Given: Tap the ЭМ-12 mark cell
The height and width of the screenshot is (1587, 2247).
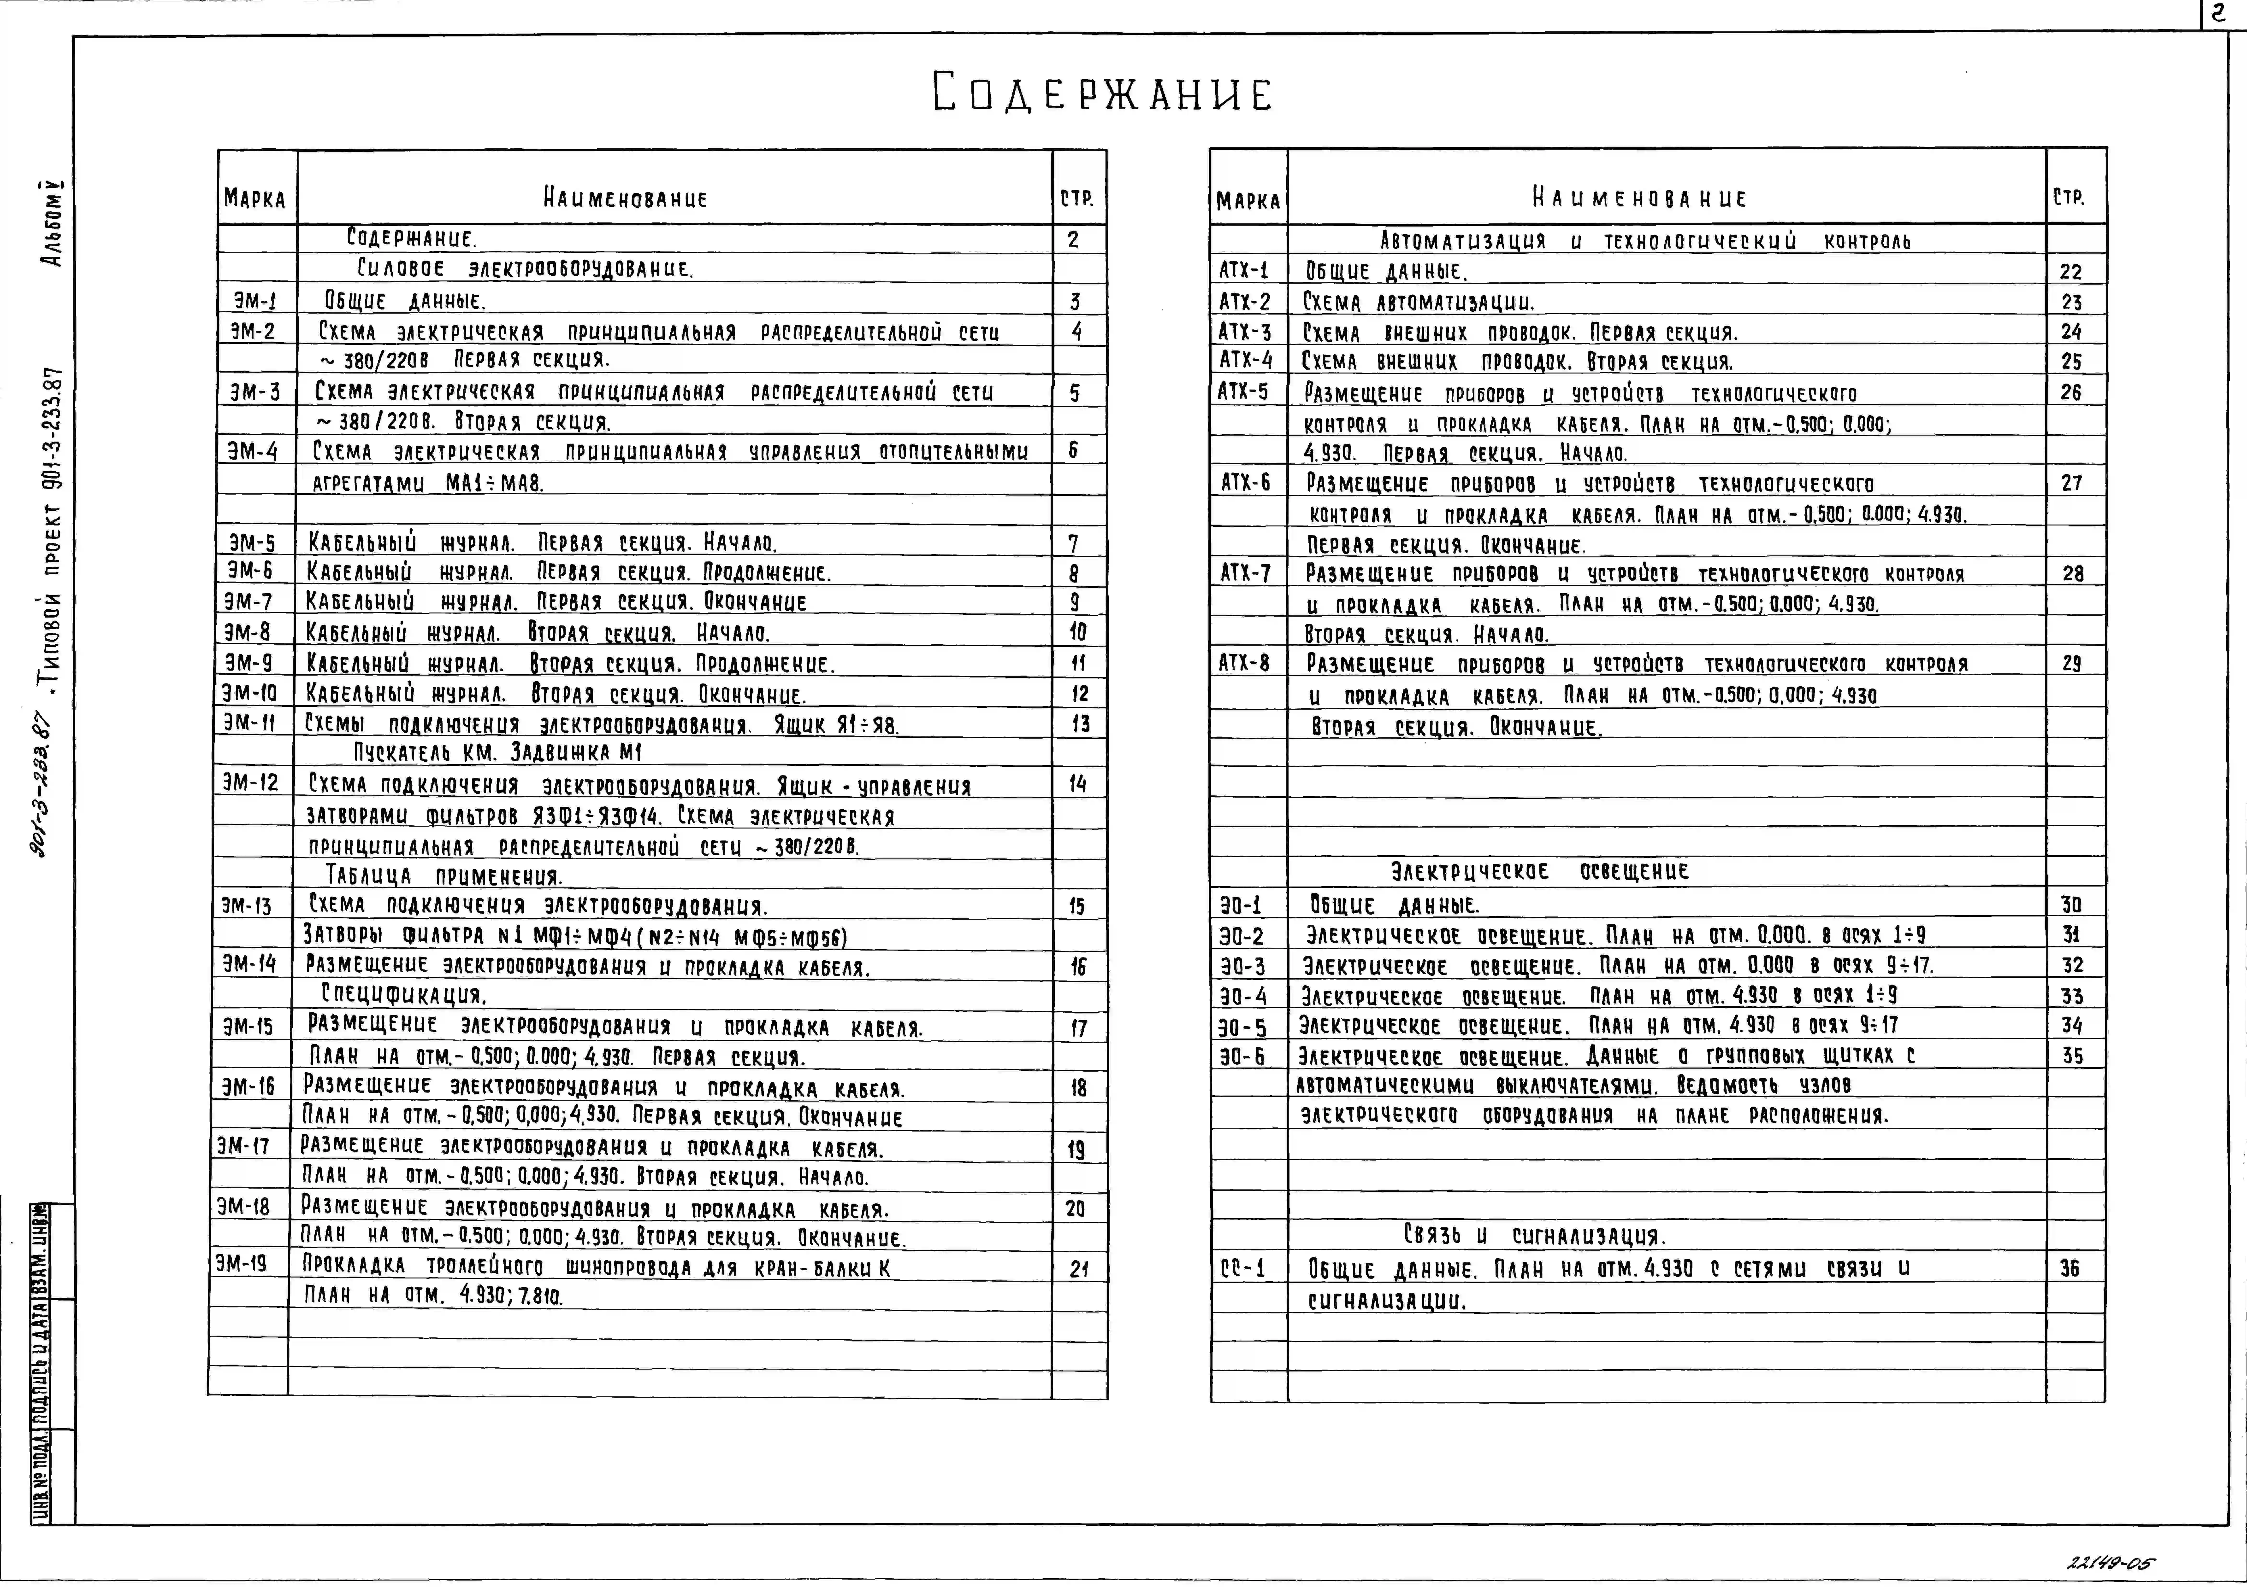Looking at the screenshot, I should click(251, 783).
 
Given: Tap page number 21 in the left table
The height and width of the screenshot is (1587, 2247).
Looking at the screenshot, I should click(1078, 1269).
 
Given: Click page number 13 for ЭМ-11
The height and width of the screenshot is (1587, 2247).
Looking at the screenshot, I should click(1078, 724).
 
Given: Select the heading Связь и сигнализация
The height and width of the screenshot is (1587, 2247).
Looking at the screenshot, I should click(1534, 1236).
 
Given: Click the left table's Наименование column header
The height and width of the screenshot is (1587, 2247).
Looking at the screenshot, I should click(624, 199).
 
